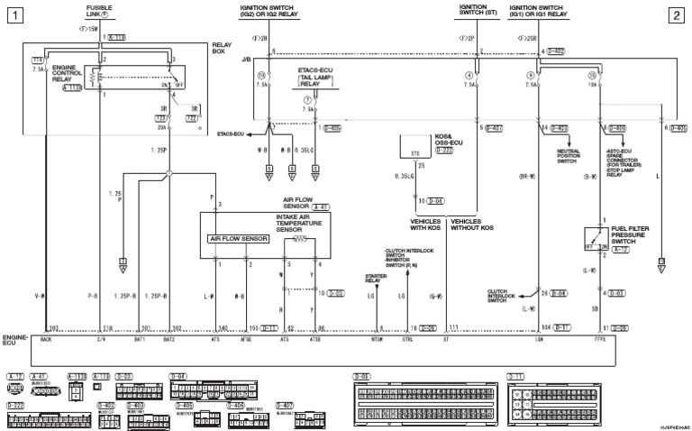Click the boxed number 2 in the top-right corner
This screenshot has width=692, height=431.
(678, 15)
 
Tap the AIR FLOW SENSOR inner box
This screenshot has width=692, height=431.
(237, 239)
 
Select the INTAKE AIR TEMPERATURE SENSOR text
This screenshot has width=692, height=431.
(301, 224)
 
